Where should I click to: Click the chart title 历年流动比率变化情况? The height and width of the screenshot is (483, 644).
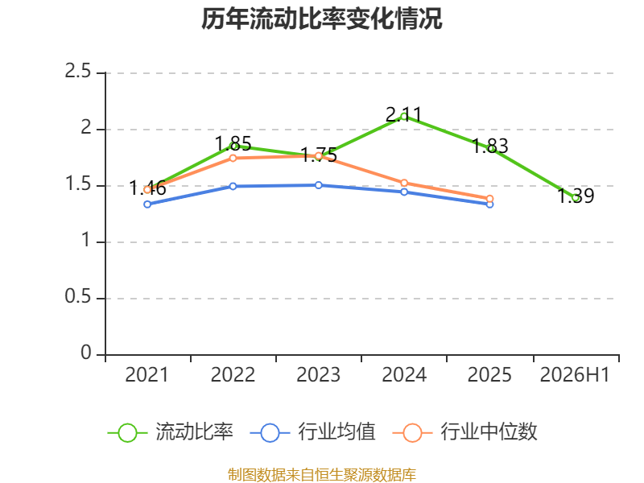[x=321, y=19]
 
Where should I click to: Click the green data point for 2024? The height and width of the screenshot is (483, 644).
[x=404, y=117]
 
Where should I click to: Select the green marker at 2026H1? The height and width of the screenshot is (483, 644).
[x=576, y=198]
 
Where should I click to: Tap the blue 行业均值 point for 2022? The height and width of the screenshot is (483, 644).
[x=233, y=187]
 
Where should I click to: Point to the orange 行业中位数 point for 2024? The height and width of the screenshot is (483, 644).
[x=404, y=183]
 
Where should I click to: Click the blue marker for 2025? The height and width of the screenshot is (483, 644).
[x=490, y=204]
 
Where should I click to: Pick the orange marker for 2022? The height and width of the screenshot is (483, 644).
[x=233, y=158]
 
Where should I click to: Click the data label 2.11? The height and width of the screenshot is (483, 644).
[x=404, y=114]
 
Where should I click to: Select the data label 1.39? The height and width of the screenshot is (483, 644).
[x=576, y=196]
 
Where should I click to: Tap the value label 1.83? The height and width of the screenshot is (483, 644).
[x=490, y=146]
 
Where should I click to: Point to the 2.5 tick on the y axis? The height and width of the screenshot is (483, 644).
[x=77, y=71]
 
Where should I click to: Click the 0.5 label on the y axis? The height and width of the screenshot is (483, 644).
[x=77, y=296]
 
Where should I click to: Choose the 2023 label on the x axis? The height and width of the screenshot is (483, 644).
[x=318, y=374]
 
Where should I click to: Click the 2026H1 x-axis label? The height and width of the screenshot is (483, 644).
[x=575, y=374]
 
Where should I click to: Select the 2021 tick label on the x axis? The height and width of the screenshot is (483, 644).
[x=147, y=374]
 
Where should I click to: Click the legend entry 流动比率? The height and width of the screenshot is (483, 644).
[x=171, y=432]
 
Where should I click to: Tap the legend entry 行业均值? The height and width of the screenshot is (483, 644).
[x=313, y=432]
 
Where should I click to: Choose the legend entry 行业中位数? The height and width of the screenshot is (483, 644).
[x=465, y=432]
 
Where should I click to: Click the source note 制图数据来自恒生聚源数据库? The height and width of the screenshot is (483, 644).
[x=322, y=475]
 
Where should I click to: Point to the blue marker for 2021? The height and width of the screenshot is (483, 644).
[x=147, y=204]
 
